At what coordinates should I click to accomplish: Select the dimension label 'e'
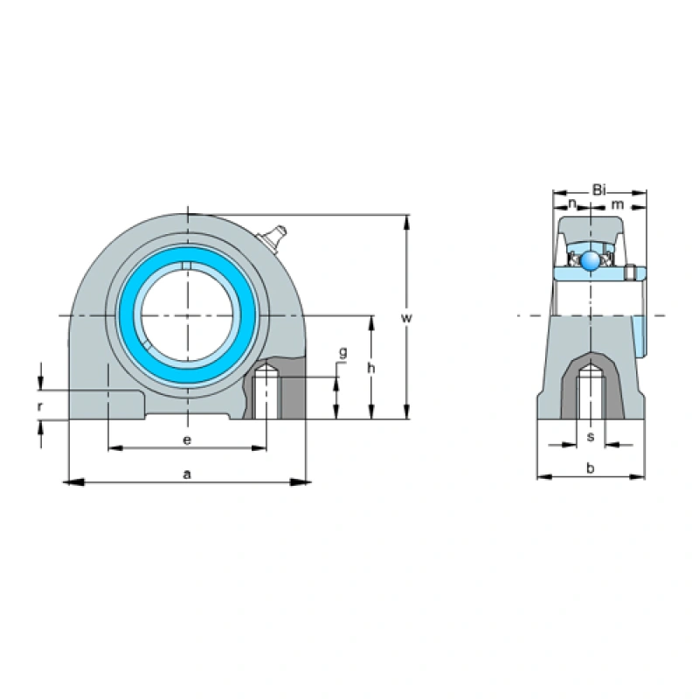point(186,439)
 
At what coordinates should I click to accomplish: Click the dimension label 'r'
point(40,406)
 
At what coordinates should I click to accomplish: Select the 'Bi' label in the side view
point(599,189)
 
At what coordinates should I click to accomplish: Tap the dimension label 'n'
point(572,204)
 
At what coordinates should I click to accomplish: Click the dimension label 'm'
point(618,204)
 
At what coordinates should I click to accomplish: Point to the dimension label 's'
point(591,436)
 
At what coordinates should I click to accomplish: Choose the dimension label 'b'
point(590,468)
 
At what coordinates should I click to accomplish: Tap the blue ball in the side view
point(592,260)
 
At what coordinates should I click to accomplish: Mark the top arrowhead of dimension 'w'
point(406,219)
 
